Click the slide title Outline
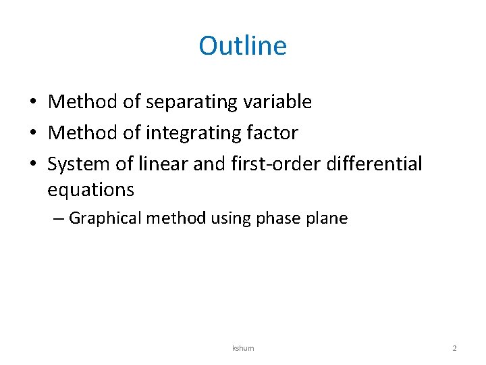(242, 46)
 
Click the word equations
(90, 190)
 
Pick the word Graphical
(105, 218)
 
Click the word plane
(326, 218)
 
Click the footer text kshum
(243, 348)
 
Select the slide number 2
(454, 348)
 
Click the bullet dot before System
(32, 164)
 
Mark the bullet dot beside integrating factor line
(32, 133)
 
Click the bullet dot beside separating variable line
(32, 103)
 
